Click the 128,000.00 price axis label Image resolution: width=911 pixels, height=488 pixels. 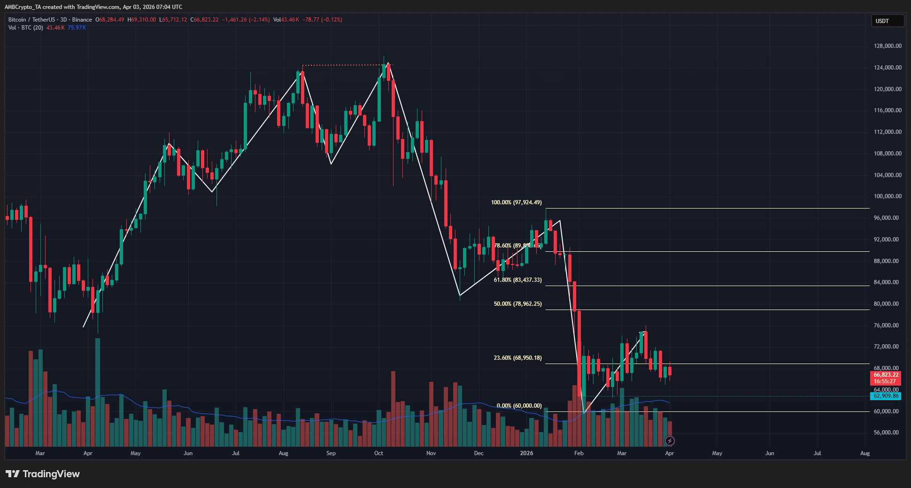pos(887,46)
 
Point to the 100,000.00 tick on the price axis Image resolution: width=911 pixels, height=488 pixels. pos(887,196)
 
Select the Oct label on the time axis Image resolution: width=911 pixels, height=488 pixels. pos(378,453)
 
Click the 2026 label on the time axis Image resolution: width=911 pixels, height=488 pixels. pos(526,453)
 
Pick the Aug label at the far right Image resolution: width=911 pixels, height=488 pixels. pos(865,453)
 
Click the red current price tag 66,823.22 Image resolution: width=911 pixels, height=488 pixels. pos(886,375)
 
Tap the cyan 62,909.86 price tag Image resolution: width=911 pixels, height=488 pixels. pos(886,396)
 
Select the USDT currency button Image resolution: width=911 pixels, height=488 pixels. pos(887,21)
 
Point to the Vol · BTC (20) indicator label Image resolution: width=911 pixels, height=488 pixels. pos(26,28)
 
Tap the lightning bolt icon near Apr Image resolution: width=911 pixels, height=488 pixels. pos(670,441)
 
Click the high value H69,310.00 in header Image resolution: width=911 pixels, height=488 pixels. pos(142,20)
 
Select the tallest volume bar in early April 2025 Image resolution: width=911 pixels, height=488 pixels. pos(98,392)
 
